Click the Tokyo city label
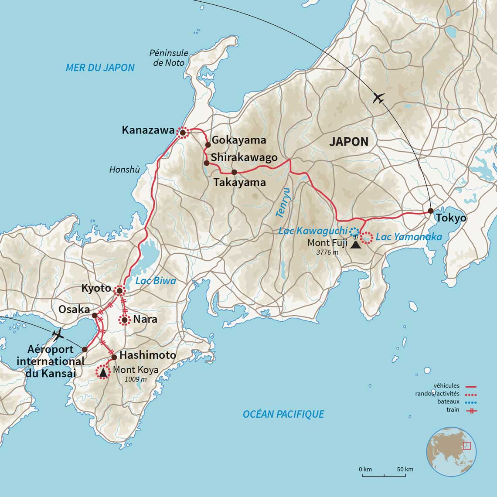pyautogui.click(x=452, y=218)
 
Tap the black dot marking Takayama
pyautogui.click(x=234, y=172)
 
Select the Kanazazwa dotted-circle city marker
pyautogui.click(x=183, y=133)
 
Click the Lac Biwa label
pyautogui.click(x=156, y=281)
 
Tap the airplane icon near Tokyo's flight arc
pyautogui.click(x=378, y=98)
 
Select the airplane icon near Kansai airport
pyautogui.click(x=57, y=336)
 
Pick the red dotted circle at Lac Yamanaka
pyautogui.click(x=367, y=238)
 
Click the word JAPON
pyautogui.click(x=349, y=142)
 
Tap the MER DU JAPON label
pyautogui.click(x=100, y=68)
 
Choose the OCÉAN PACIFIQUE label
pyautogui.click(x=283, y=414)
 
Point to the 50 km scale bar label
pyautogui.click(x=405, y=470)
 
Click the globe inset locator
pyautogui.click(x=451, y=451)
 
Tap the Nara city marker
pyautogui.click(x=125, y=320)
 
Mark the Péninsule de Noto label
pyautogui.click(x=169, y=58)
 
